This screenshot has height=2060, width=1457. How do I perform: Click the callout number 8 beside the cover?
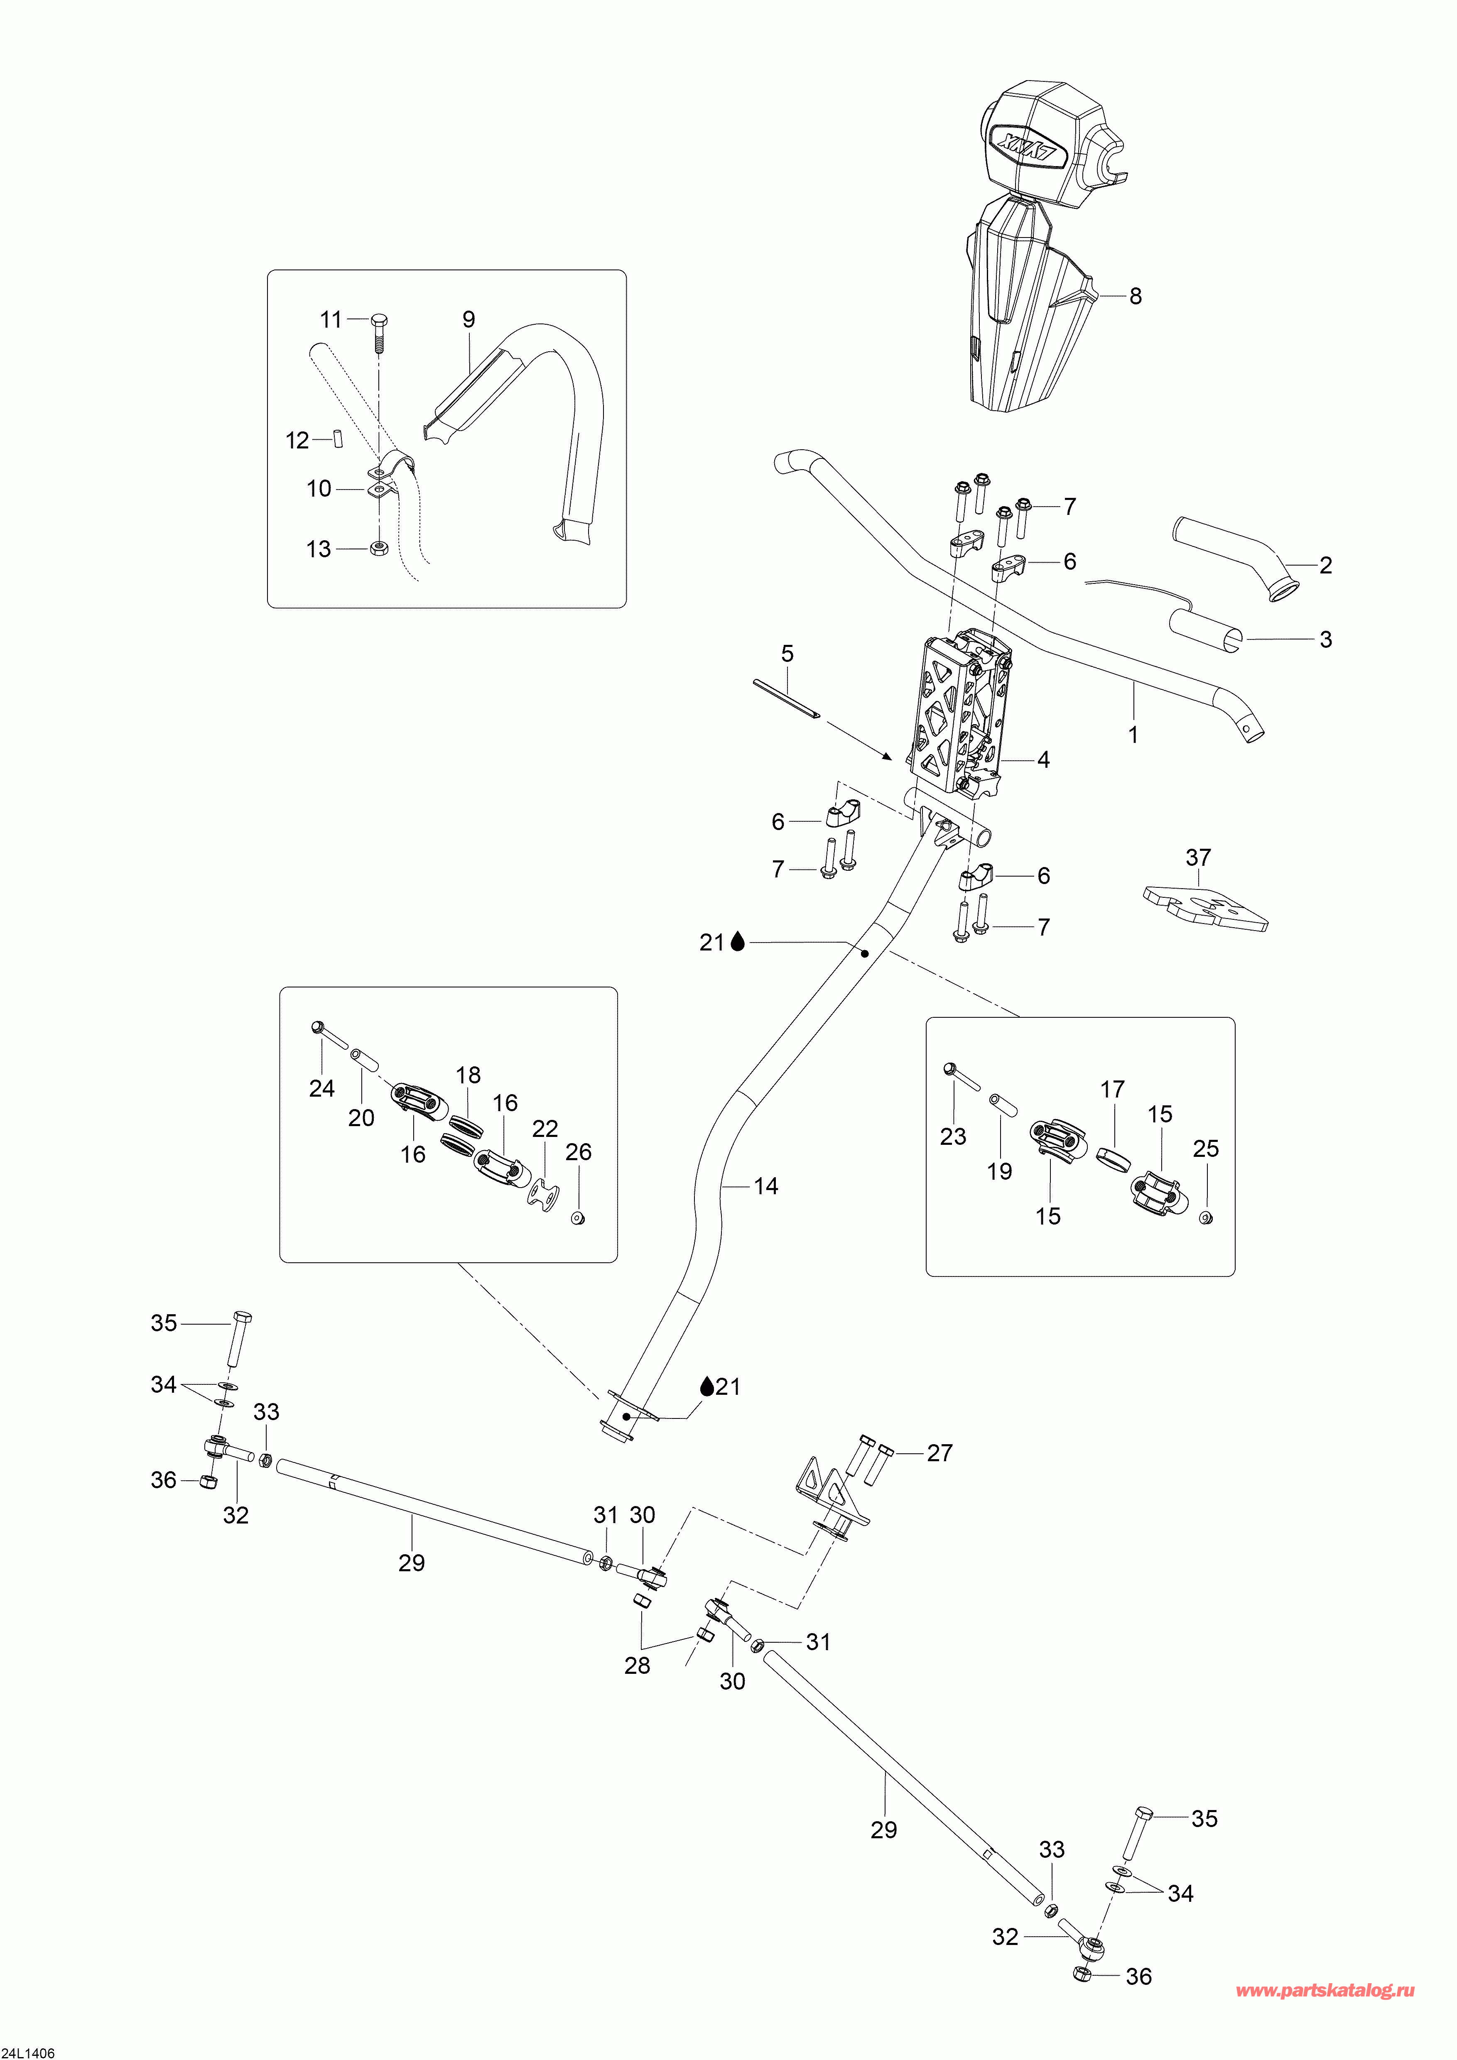pos(1136,296)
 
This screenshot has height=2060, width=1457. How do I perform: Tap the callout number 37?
pos(1199,858)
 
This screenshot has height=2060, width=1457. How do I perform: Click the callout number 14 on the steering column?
pos(765,1186)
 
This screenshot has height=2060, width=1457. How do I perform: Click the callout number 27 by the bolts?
pos(939,1453)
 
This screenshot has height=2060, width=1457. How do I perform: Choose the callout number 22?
pos(545,1129)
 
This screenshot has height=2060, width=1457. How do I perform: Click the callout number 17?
pos(1113,1089)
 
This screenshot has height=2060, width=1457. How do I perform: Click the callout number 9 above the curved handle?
pos(468,319)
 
